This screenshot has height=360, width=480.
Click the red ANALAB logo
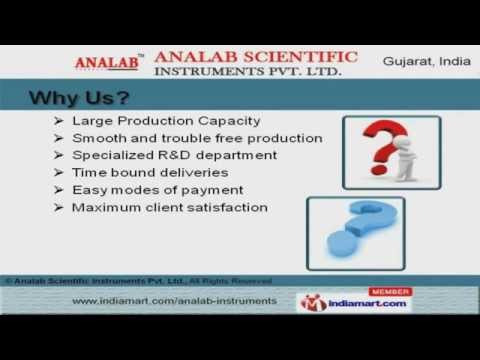pyautogui.click(x=107, y=63)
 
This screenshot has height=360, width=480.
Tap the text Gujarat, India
pyautogui.click(x=423, y=62)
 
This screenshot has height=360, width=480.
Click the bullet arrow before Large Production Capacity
pyautogui.click(x=60, y=121)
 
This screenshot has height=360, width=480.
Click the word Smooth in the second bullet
pyautogui.click(x=97, y=138)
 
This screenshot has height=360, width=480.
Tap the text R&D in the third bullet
pyautogui.click(x=164, y=155)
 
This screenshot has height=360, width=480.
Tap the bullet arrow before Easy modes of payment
pyautogui.click(x=60, y=190)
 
